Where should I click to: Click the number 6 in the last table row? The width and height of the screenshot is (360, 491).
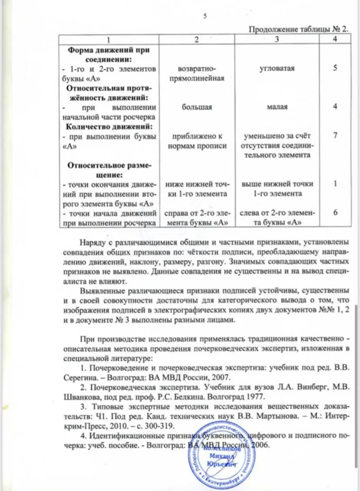tap(335, 213)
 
